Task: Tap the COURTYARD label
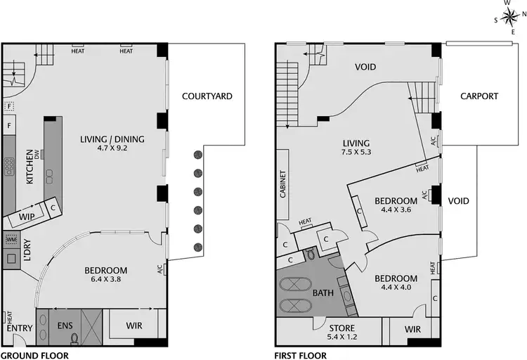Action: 207,96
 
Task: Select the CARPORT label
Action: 479,96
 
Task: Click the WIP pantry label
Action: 27,217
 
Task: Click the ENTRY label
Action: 19,328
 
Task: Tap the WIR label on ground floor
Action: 134,326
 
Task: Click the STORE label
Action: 342,328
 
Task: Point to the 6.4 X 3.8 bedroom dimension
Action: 105,279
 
